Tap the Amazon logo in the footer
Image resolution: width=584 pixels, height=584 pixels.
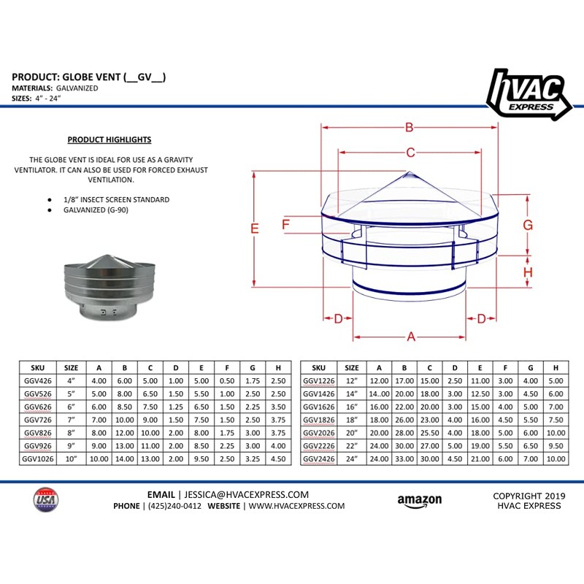pyautogui.click(x=419, y=501)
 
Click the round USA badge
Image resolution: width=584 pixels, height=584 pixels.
pyautogui.click(x=46, y=501)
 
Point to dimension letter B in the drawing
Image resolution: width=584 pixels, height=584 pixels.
pyautogui.click(x=410, y=128)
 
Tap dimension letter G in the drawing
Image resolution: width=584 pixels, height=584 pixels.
pyautogui.click(x=527, y=225)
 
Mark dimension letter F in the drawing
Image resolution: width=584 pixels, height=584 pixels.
pyautogui.click(x=286, y=223)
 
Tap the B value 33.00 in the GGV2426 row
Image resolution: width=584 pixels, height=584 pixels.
pyautogui.click(x=404, y=459)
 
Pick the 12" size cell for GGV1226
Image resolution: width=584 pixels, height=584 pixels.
pyautogui.click(x=352, y=380)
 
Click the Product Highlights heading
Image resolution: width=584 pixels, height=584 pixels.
pyautogui.click(x=109, y=139)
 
